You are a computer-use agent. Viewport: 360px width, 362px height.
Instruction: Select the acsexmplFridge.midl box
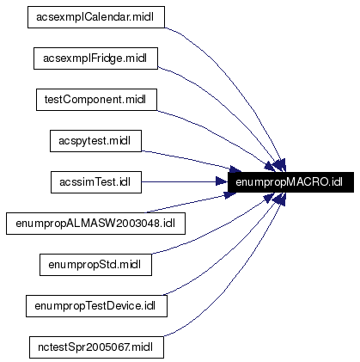tap(95, 58)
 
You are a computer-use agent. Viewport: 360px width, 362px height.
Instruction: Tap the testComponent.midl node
tap(95, 99)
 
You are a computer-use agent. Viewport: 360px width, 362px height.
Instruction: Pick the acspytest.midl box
tap(95, 140)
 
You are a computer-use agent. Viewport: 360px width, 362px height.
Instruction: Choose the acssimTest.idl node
tap(95, 181)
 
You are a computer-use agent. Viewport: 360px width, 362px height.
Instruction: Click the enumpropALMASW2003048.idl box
tap(95, 223)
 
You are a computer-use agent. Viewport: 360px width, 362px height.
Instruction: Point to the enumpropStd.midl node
tap(95, 264)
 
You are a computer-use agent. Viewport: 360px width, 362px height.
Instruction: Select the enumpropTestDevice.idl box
tap(95, 305)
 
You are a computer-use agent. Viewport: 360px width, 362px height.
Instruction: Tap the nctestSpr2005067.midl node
tap(95, 347)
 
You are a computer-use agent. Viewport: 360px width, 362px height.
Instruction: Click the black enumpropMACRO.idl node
tap(290, 181)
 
